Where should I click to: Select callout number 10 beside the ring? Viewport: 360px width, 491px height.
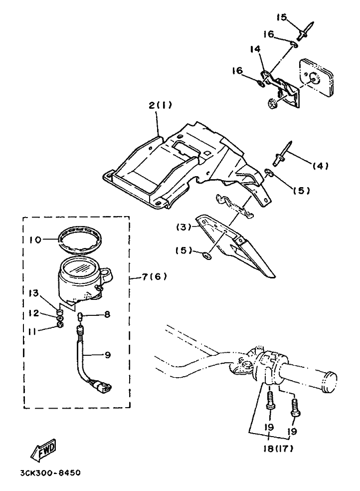point(36,240)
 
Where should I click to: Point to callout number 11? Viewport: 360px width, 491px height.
point(33,330)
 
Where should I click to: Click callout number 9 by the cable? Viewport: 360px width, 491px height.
point(108,355)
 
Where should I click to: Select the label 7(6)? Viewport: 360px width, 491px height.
point(150,276)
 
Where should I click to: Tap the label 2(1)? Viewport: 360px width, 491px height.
point(160,106)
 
